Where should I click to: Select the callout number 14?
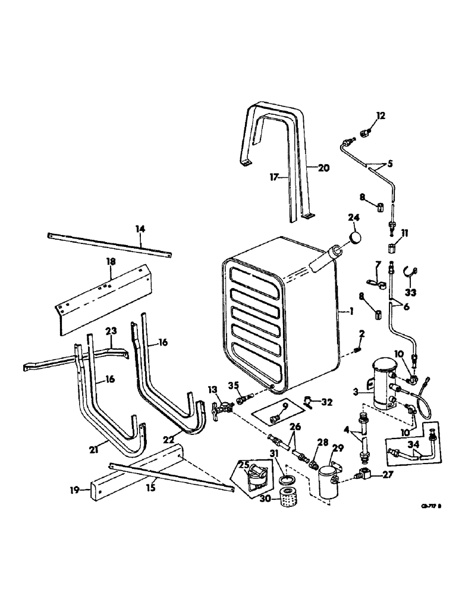[x=140, y=228]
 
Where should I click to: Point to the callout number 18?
[x=112, y=261]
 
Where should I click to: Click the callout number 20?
[x=323, y=168]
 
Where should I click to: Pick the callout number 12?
[x=381, y=115]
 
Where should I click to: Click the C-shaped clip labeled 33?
[x=410, y=272]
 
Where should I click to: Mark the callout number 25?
[x=244, y=462]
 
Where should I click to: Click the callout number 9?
[x=285, y=406]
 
